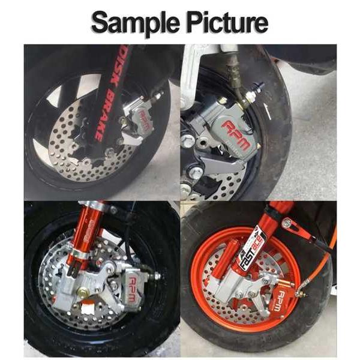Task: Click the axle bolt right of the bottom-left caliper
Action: click(x=157, y=277)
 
